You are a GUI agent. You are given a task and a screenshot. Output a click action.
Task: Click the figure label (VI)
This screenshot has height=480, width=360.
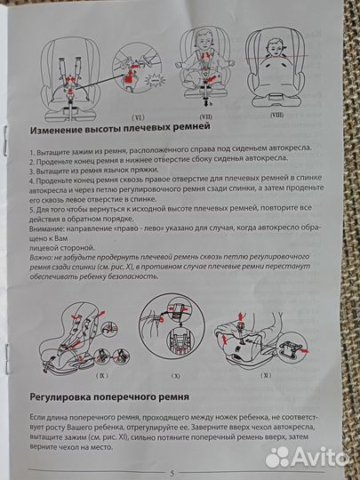(138, 116)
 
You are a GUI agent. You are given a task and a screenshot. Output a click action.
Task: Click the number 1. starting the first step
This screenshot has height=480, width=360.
(31, 154)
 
